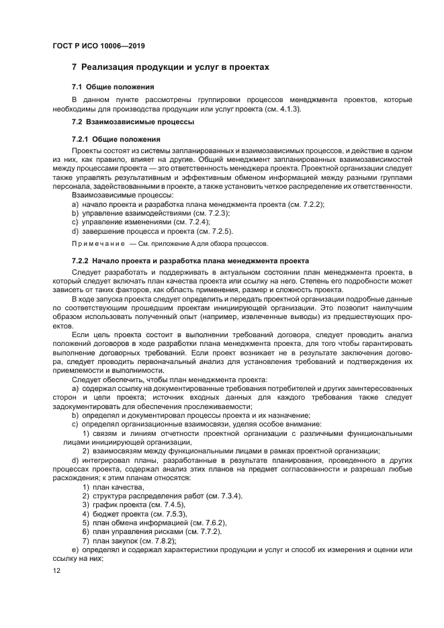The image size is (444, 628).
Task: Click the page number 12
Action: [56, 571]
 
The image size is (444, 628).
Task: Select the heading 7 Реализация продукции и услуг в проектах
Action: [170, 68]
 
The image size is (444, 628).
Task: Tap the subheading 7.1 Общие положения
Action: [113, 87]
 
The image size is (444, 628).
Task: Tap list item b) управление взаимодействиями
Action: [150, 212]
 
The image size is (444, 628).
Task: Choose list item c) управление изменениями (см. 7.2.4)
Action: [141, 221]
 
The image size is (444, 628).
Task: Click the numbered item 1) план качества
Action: [114, 487]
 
